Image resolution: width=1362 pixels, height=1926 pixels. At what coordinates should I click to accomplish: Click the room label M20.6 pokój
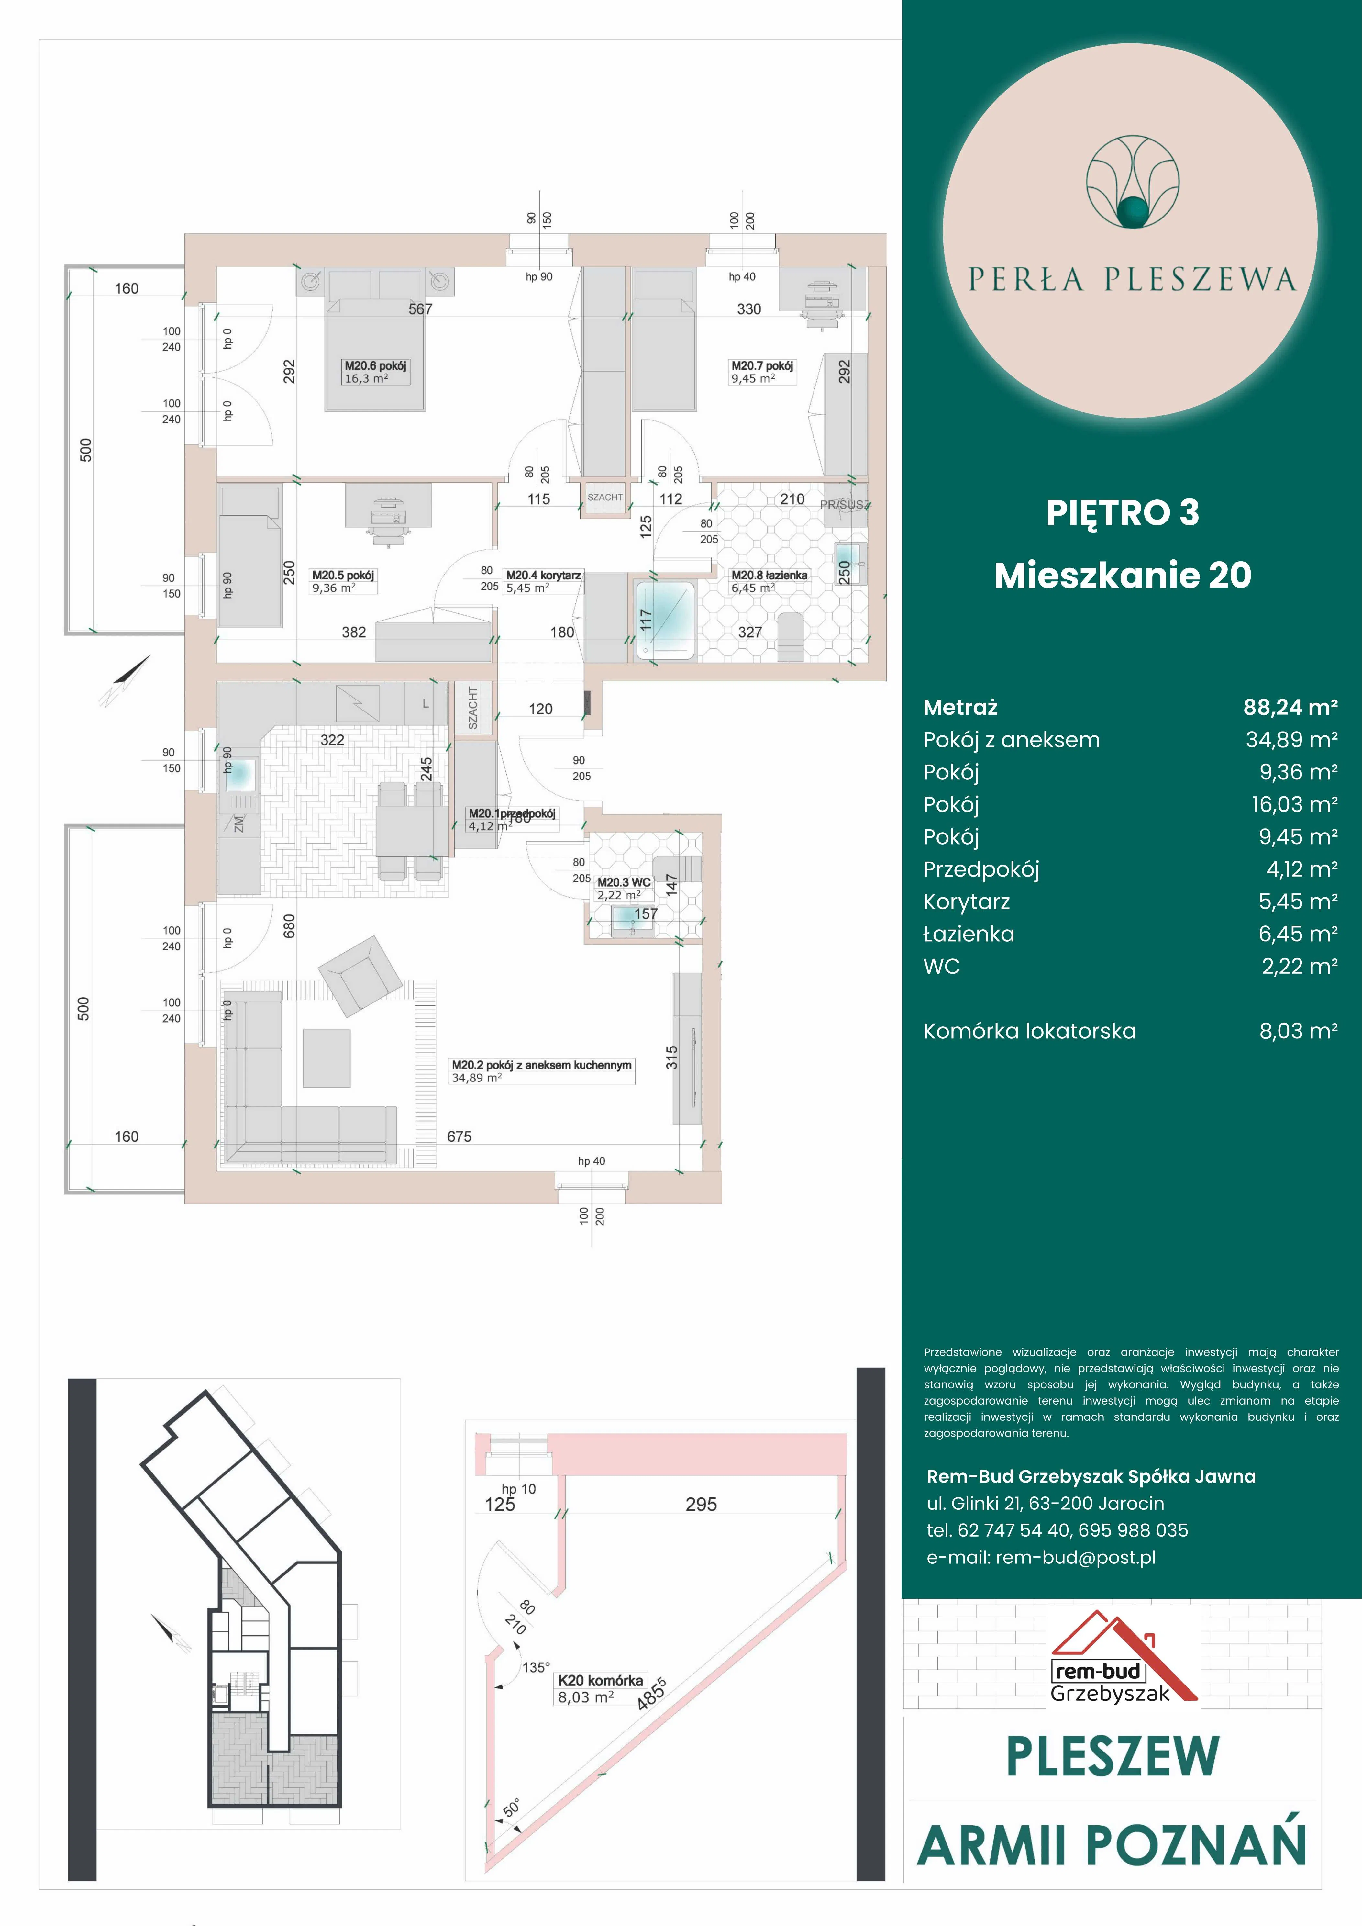coord(375,366)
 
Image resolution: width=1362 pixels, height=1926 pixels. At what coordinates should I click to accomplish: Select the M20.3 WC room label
coord(623,882)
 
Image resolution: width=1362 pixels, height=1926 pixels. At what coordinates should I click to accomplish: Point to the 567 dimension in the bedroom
coord(420,309)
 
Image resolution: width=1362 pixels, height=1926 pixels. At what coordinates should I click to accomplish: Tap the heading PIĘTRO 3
coord(1122,512)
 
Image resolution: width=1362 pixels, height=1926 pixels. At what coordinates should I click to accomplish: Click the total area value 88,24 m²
coord(1289,707)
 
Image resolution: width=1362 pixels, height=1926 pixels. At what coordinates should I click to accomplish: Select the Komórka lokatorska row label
coord(1029,1031)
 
